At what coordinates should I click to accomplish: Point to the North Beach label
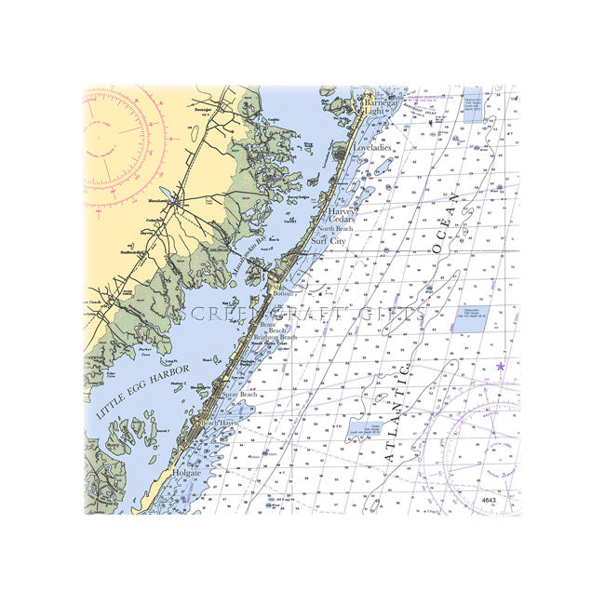point(335,228)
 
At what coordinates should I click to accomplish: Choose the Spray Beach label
point(237,395)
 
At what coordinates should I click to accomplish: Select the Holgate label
point(186,473)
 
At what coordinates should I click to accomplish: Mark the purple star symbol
point(500,367)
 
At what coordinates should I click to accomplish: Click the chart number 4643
point(490,501)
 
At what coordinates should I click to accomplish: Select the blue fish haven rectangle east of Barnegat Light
point(473,110)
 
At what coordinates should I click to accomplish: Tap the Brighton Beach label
point(276,339)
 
